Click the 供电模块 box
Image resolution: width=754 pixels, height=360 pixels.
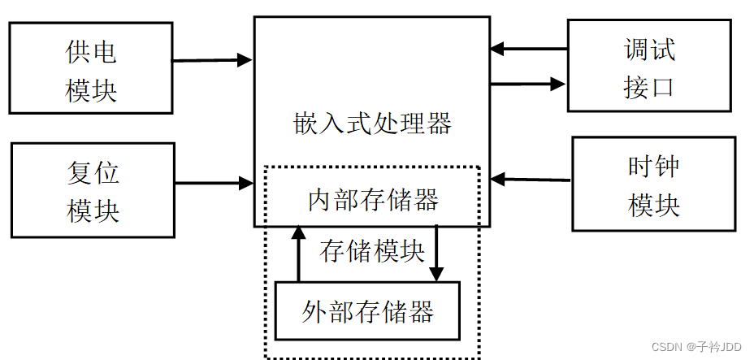pyautogui.click(x=91, y=68)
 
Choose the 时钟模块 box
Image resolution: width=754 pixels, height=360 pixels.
pyautogui.click(x=653, y=185)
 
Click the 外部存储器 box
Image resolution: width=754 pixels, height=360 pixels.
pyautogui.click(x=367, y=311)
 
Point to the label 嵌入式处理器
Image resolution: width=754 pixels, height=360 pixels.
pyautogui.click(x=371, y=124)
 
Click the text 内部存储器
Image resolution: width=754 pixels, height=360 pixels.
pyautogui.click(x=373, y=200)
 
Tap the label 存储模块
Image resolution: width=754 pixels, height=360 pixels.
pyautogui.click(x=371, y=251)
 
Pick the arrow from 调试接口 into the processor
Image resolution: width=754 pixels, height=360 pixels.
pyautogui.click(x=528, y=49)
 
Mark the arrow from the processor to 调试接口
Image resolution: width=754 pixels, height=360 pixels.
pyautogui.click(x=528, y=83)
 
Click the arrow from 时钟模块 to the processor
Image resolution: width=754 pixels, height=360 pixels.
pyautogui.click(x=531, y=178)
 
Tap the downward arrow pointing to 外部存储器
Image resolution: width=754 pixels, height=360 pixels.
pyautogui.click(x=436, y=253)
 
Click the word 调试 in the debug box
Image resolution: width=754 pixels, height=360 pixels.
pyautogui.click(x=648, y=50)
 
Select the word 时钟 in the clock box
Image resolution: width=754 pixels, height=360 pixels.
pyautogui.click(x=653, y=167)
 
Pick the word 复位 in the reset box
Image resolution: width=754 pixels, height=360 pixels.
pyautogui.click(x=93, y=172)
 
